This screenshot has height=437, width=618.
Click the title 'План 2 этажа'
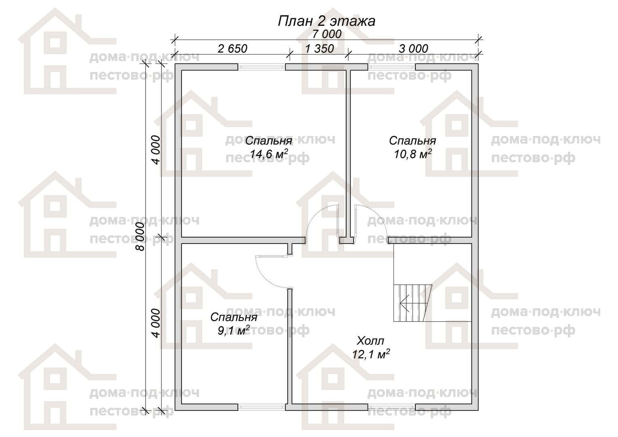point(326,21)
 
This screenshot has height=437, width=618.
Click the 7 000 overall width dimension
point(327,34)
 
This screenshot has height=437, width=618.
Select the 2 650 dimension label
point(232,49)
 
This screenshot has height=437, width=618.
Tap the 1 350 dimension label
point(320,49)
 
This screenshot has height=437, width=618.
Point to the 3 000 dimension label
point(413,49)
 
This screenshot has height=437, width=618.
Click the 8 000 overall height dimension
point(140,237)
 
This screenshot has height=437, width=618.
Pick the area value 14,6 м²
point(269,154)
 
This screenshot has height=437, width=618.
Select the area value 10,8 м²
point(413,154)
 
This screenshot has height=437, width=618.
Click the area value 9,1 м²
point(234,330)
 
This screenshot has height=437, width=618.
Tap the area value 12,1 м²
point(371,354)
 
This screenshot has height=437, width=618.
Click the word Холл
point(370,341)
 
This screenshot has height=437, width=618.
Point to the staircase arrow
point(412,303)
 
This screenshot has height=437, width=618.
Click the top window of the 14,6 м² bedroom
point(262,67)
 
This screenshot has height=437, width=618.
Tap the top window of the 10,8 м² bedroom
point(392,67)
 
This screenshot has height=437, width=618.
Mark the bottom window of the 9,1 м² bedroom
point(262,407)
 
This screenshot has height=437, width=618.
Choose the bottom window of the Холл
point(392,407)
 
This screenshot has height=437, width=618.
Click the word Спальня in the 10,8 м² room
point(413,141)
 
